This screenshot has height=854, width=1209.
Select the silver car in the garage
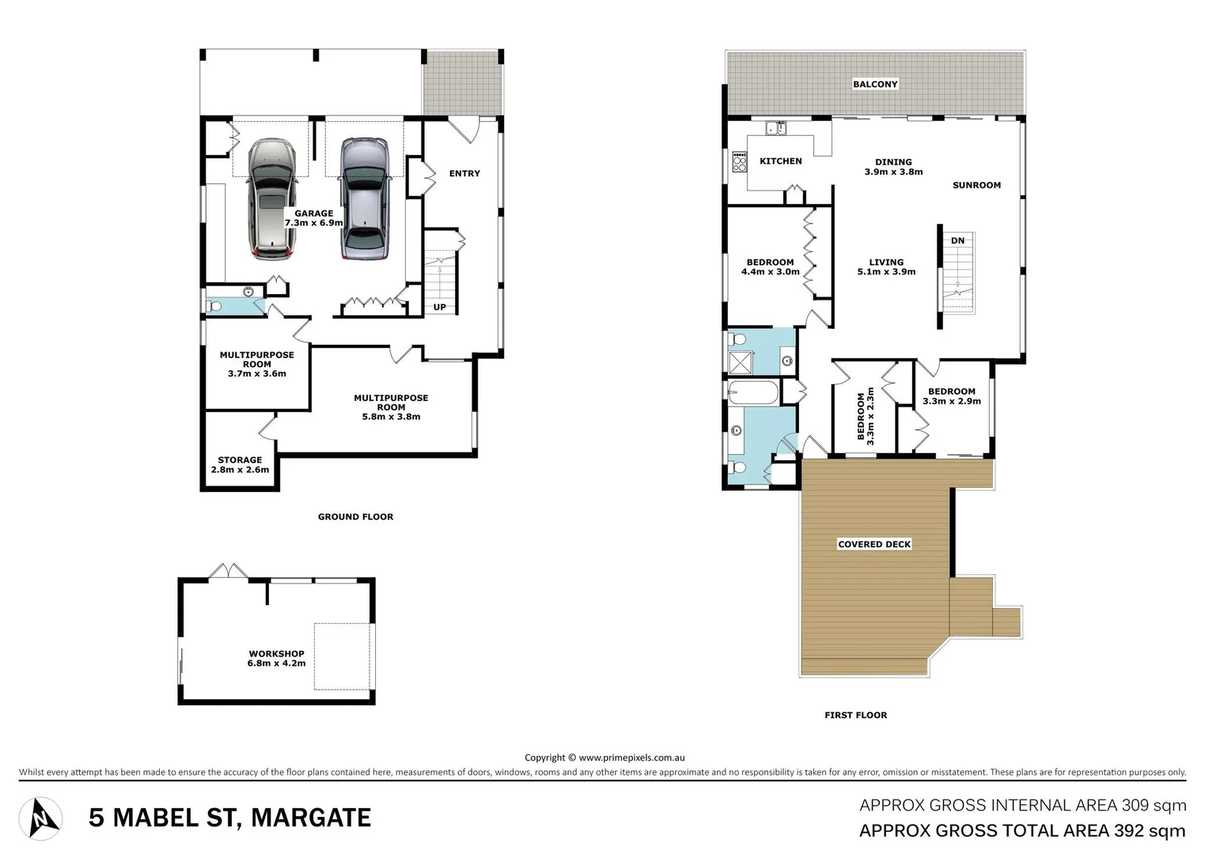click(364, 199)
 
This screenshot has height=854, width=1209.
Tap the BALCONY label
click(875, 84)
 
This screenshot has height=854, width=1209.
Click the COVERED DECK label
click(874, 544)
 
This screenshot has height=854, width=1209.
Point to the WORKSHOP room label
click(276, 654)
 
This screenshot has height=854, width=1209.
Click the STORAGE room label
click(240, 460)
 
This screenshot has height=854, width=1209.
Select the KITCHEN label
click(780, 161)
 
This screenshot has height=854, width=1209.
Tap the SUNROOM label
click(976, 185)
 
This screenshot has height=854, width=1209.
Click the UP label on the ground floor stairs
click(439, 307)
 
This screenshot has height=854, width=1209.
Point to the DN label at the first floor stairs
click(957, 240)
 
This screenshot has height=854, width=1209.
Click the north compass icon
click(40, 818)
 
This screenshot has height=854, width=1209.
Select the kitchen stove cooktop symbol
click(740, 162)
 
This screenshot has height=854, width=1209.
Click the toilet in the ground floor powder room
click(214, 306)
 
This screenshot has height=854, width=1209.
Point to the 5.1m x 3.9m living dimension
click(886, 272)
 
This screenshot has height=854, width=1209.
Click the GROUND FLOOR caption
click(355, 516)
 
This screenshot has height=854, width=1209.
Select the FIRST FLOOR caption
click(855, 715)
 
